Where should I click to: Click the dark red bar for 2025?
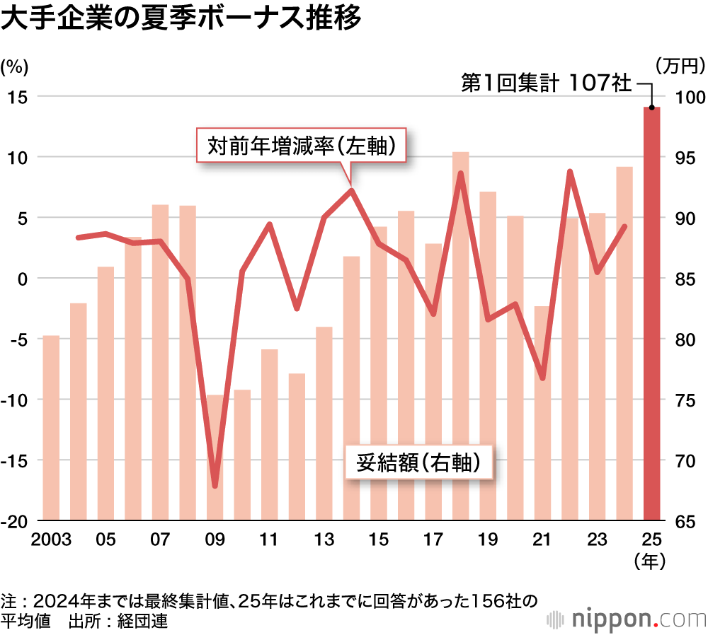point(651,314)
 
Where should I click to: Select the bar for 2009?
point(215,458)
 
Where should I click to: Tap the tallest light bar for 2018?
point(460,336)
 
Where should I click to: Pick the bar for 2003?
point(51,428)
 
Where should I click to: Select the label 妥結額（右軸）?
point(418,462)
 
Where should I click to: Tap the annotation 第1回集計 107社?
point(545,83)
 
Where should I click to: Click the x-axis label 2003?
point(51,540)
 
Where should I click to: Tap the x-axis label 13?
point(324,540)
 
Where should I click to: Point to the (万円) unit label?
point(680,66)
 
